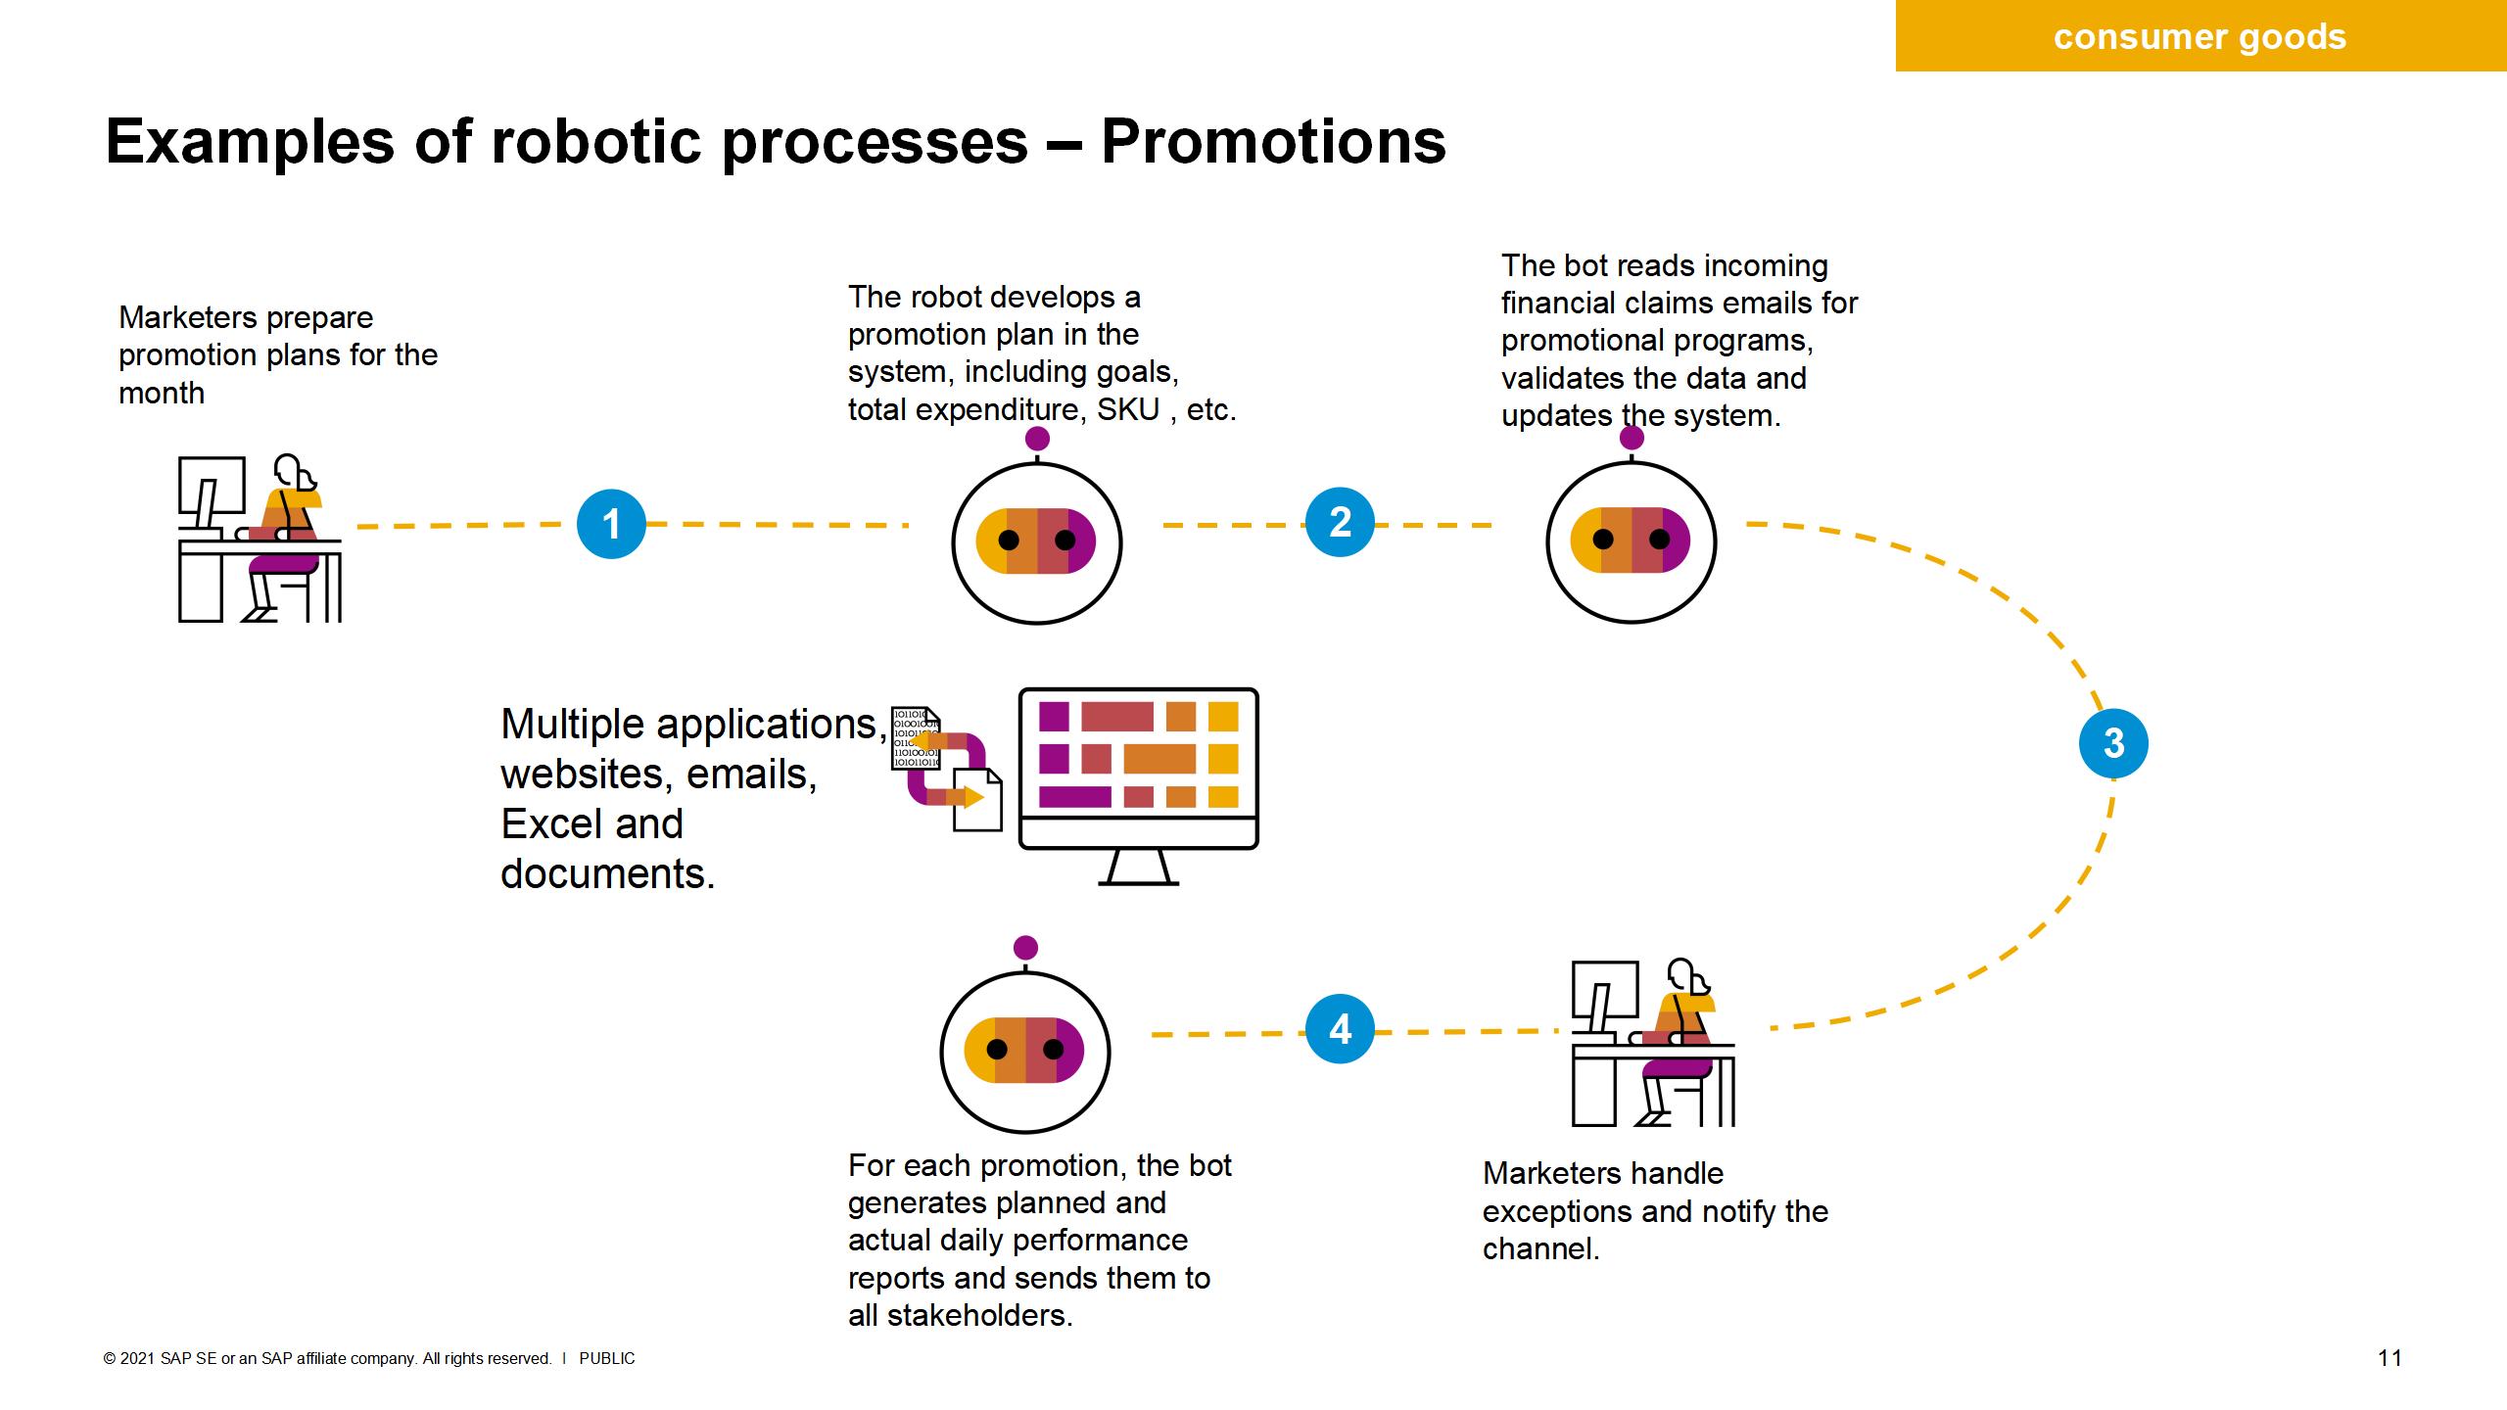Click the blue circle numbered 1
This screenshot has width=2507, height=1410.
(611, 524)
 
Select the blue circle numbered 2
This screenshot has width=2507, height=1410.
(1340, 522)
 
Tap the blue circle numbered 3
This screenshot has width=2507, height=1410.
(2113, 743)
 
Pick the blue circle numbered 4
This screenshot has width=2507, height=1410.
(1340, 1029)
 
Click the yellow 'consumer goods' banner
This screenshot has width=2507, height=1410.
(2200, 37)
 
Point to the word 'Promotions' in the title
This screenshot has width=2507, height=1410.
(1273, 142)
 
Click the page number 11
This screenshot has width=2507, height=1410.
(2389, 1357)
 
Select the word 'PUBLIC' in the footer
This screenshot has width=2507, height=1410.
(607, 1358)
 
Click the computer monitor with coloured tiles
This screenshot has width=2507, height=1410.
(1138, 774)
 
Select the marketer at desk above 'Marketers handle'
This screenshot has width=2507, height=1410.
(1653, 1044)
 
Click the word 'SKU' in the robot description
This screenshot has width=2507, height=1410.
(1128, 409)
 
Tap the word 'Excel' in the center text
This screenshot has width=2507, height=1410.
(591, 823)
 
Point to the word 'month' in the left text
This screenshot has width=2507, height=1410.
(162, 393)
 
